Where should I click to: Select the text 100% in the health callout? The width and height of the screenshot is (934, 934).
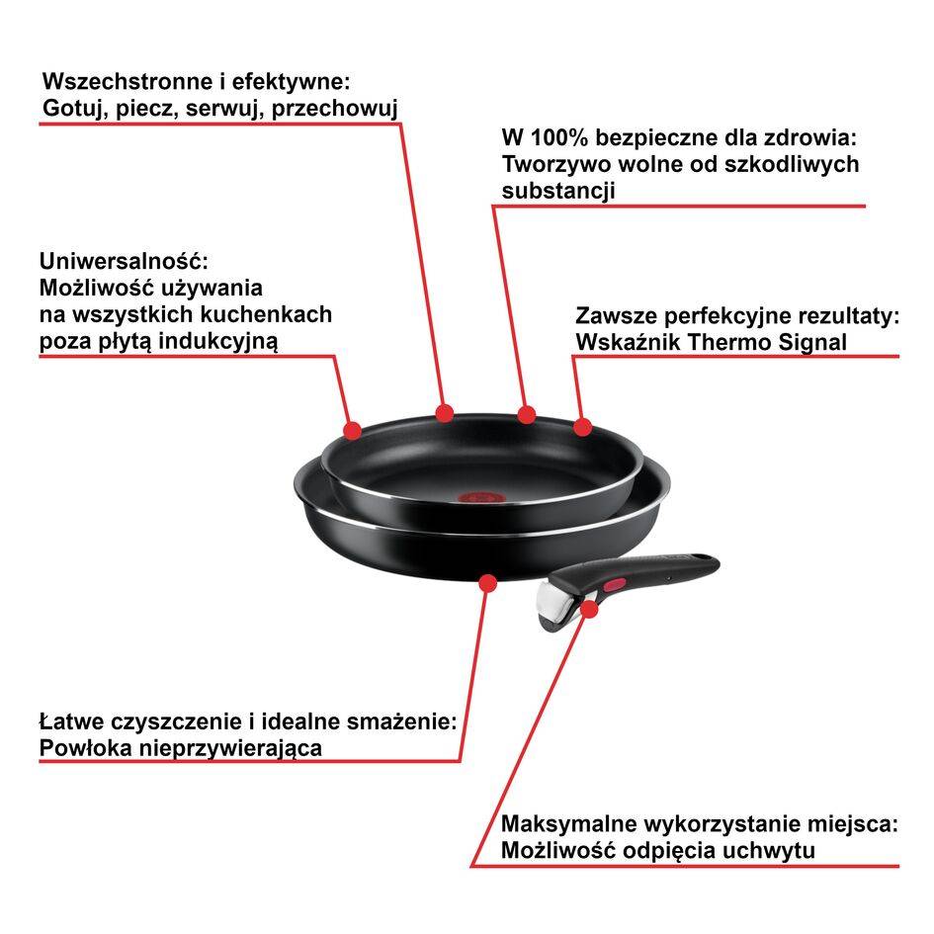pos(557,136)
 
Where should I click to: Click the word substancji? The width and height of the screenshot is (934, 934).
pos(558,191)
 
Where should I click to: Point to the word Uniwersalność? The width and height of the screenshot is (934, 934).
pos(125,262)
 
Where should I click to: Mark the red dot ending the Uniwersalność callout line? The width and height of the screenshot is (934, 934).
pos(352,429)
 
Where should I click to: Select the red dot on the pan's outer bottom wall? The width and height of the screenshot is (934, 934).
pos(485,582)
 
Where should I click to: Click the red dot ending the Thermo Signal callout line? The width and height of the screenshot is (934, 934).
pos(582,427)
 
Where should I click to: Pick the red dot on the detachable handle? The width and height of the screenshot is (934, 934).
pos(589,609)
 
